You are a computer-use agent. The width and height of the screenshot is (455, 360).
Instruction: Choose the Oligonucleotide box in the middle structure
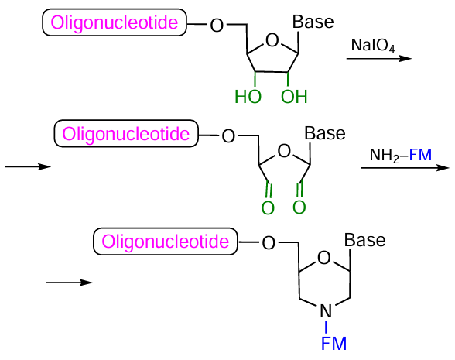(126, 135)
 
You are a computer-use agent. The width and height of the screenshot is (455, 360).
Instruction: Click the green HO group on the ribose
(248, 98)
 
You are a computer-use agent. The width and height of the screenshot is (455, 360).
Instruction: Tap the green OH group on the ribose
(293, 98)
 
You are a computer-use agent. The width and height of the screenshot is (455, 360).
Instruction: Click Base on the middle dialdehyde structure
(325, 132)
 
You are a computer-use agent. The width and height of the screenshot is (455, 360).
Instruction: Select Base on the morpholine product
(364, 240)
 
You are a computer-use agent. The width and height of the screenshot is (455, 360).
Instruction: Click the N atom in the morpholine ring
(326, 312)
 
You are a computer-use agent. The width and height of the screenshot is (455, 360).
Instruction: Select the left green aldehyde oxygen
(267, 207)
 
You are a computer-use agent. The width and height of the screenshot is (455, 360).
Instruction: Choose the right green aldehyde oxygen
(299, 207)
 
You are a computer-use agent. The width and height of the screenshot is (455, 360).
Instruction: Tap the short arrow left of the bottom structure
(69, 283)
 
